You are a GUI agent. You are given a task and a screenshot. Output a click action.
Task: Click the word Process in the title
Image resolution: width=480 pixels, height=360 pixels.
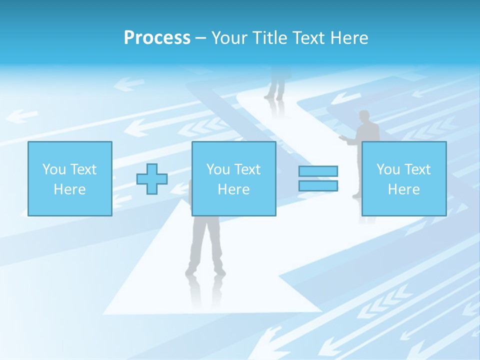tap(157, 38)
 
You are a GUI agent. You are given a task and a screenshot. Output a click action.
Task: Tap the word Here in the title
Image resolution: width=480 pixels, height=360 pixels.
tap(348, 38)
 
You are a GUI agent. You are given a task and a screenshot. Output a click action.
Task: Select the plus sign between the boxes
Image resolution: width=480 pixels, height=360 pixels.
tap(152, 179)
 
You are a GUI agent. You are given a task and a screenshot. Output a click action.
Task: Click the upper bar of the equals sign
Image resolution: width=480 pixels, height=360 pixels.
tap(318, 171)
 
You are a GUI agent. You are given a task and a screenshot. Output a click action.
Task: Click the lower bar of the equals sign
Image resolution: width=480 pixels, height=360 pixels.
tap(318, 185)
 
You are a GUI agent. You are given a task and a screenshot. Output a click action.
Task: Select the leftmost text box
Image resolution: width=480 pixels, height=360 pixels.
tap(70, 178)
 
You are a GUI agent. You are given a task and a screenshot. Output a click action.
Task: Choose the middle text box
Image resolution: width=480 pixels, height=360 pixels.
tap(234, 178)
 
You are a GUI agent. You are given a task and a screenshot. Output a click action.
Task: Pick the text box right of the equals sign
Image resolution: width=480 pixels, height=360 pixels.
tap(404, 178)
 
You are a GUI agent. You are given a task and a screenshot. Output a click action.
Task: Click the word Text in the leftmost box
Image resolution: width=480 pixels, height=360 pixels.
tap(83, 169)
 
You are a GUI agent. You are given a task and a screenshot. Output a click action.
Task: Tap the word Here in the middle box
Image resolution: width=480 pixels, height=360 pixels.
tap(234, 189)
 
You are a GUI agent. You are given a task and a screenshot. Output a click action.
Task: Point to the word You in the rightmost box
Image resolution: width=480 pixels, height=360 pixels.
tap(388, 169)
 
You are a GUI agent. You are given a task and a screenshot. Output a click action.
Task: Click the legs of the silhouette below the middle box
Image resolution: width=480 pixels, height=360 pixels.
tap(205, 250)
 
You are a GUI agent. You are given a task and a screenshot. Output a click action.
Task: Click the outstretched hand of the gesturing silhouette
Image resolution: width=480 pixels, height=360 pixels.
tap(342, 137)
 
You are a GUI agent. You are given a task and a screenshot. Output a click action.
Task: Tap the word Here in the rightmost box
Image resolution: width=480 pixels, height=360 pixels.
tap(404, 189)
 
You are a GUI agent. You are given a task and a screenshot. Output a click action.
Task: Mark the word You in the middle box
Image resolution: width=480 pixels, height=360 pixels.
tap(218, 169)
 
